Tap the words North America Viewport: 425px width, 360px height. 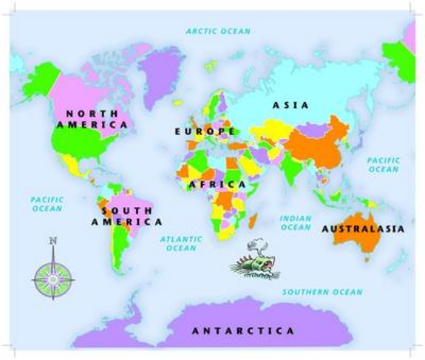(x=90, y=118)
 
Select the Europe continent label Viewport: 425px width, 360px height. (x=205, y=131)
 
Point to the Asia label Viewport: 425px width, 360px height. (x=291, y=104)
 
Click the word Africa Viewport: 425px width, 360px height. (x=218, y=185)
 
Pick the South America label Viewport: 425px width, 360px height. (x=121, y=216)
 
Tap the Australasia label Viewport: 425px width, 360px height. (x=362, y=229)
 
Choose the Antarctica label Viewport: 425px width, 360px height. (x=243, y=331)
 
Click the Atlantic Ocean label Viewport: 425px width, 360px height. (x=182, y=244)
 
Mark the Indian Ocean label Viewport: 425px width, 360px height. (x=296, y=223)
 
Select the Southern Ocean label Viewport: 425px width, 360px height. (x=321, y=292)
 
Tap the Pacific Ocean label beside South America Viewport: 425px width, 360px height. (x=46, y=204)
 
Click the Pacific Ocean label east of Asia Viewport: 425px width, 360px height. (x=382, y=165)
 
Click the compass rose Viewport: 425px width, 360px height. (x=53, y=275)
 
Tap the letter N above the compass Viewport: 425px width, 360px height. (x=53, y=241)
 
